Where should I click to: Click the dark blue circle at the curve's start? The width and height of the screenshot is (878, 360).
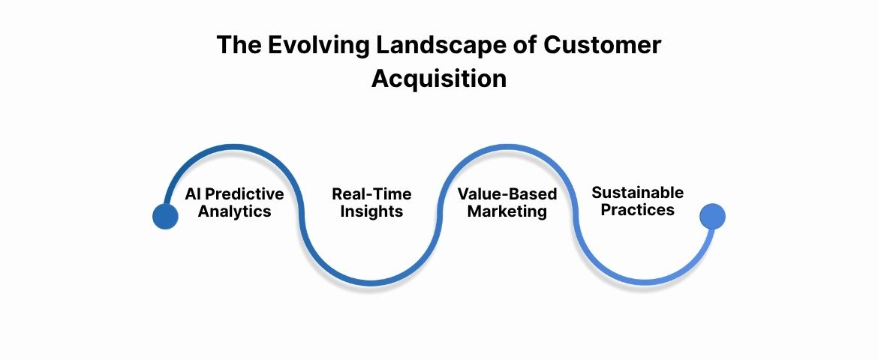point(165,216)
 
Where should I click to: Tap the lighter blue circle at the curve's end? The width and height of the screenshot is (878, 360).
point(712,216)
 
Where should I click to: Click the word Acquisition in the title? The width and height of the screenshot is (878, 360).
point(439,78)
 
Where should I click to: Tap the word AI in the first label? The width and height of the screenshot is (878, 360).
point(194,194)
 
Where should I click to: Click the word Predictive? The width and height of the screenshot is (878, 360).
point(245,194)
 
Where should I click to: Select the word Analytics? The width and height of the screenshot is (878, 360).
point(234,211)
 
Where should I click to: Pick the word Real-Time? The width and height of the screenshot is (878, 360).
point(371,194)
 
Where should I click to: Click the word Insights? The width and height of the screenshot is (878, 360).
point(371,211)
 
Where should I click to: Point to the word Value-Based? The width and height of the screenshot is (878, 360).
point(507,194)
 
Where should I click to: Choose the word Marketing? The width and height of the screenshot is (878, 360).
point(507,211)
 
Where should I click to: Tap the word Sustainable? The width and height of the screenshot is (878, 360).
point(637,193)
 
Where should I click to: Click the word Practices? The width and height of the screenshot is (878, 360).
point(637,210)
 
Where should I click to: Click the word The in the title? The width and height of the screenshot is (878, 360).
point(236,45)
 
